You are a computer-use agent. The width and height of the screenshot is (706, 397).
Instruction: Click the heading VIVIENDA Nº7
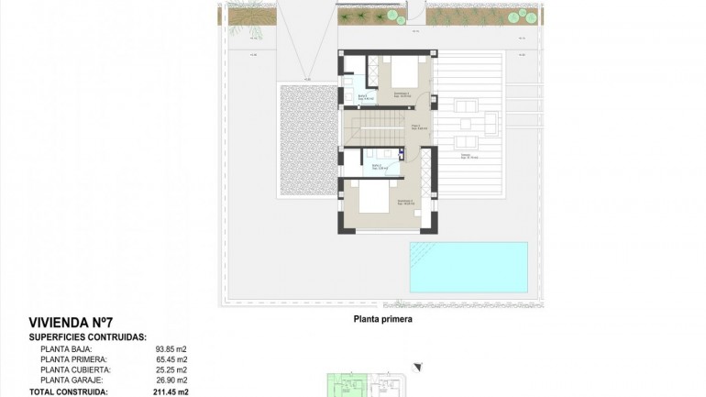click(71, 323)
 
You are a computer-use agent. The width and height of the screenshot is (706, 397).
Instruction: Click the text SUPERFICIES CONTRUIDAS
click(88, 337)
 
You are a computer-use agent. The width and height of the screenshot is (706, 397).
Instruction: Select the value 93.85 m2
click(171, 349)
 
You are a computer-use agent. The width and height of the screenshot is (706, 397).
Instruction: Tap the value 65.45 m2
click(171, 359)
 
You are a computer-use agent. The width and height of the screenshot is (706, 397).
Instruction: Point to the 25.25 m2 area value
click(171, 369)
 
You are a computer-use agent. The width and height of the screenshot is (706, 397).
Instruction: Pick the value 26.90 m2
click(171, 380)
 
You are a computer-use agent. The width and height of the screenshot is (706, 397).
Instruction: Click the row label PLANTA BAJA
click(66, 349)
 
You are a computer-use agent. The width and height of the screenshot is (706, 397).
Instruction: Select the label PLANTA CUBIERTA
click(74, 369)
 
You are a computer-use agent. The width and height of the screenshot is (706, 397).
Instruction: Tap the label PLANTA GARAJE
click(72, 380)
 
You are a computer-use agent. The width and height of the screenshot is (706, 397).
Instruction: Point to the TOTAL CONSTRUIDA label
click(68, 391)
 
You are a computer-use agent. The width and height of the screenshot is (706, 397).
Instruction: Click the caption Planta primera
click(383, 320)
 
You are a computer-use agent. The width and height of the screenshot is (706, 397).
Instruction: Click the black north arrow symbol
click(418, 368)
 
